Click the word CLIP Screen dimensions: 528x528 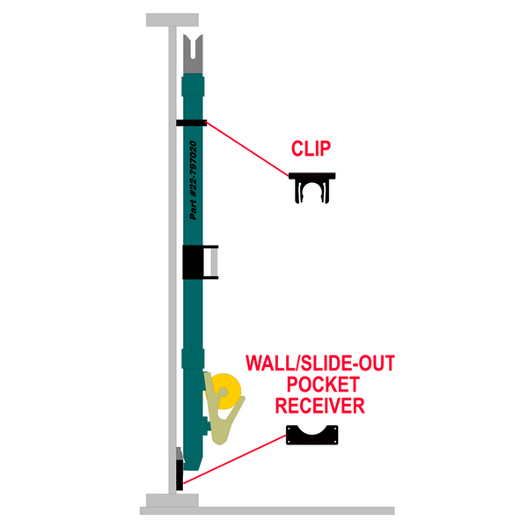(x=314, y=149)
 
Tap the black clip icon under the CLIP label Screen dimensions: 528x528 (x=313, y=187)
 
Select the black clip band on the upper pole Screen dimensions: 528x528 (x=192, y=123)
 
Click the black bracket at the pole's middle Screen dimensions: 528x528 (x=194, y=261)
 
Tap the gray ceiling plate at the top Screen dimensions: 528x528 (x=172, y=18)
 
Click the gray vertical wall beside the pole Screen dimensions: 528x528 (x=171, y=264)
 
